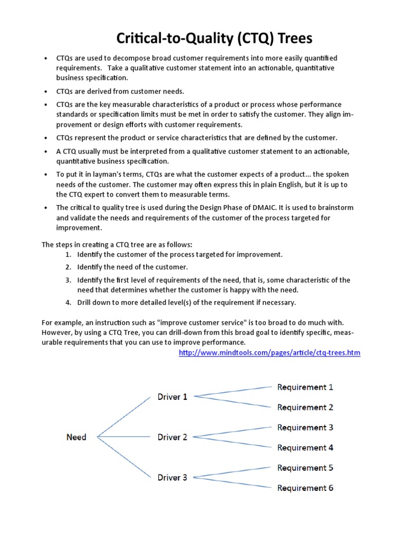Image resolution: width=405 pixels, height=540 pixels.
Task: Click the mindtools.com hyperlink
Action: coord(269,353)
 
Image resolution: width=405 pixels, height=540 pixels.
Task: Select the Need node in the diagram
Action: coord(76,437)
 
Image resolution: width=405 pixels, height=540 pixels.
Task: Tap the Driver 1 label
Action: coord(172,397)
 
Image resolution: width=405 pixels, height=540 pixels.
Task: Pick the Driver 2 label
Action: coord(172,437)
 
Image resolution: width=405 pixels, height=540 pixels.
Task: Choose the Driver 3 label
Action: coord(172,478)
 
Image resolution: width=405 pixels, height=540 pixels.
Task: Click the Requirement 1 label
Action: coord(305,387)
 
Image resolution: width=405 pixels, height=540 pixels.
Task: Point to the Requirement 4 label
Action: coord(305,448)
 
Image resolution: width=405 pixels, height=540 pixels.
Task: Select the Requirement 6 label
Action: coord(305,488)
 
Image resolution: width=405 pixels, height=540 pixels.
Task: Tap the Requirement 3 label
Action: coord(305,428)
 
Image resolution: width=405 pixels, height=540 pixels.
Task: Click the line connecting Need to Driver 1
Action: coord(123,417)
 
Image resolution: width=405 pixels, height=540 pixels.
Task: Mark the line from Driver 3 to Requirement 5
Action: coord(232,472)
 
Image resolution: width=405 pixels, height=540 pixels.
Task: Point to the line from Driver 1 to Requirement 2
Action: coord(232,401)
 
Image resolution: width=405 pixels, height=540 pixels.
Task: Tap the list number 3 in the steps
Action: coord(68,280)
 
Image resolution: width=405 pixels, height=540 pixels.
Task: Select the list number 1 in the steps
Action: coord(68,255)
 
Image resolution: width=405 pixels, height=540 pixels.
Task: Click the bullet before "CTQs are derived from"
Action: coord(46,92)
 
